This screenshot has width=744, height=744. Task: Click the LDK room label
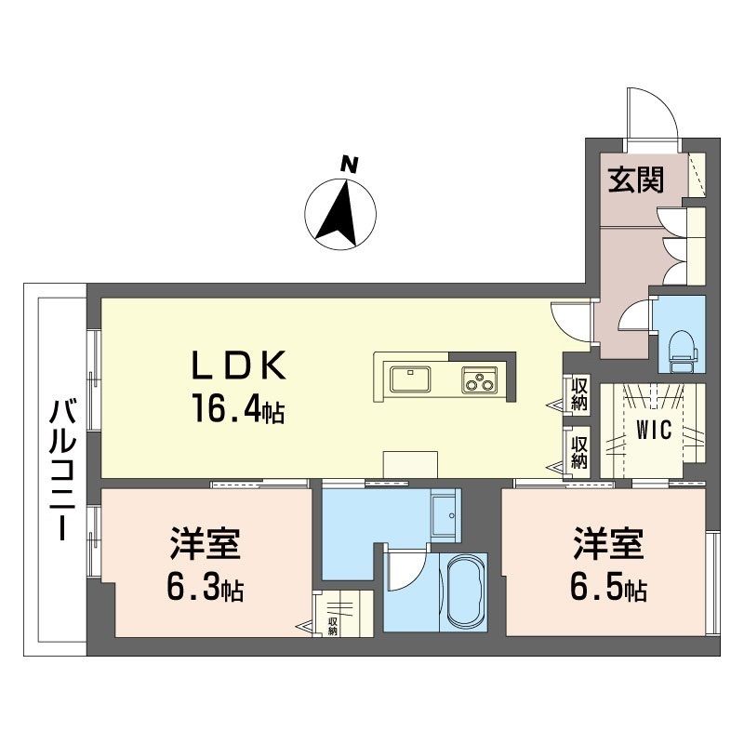238,365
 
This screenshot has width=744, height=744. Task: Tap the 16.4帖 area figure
238,408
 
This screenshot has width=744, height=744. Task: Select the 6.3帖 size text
205,589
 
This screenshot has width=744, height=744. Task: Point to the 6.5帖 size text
608,588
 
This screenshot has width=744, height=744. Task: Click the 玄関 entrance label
636,180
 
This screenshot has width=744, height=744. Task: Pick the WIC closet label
654,430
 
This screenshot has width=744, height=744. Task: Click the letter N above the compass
350,165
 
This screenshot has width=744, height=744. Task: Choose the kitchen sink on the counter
410,379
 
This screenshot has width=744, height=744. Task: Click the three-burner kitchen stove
479,379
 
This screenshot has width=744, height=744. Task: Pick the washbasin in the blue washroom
445,515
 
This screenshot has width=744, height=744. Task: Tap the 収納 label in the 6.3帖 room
332,626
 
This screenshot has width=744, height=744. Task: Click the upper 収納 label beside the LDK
579,394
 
